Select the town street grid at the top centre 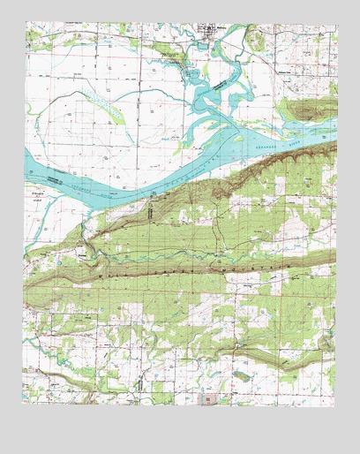click(209, 32)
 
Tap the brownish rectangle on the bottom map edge click(209, 400)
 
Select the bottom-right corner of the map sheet click(337, 405)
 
